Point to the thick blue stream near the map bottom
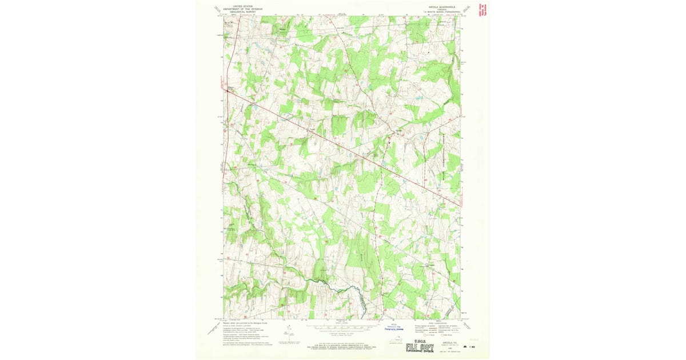337,284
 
